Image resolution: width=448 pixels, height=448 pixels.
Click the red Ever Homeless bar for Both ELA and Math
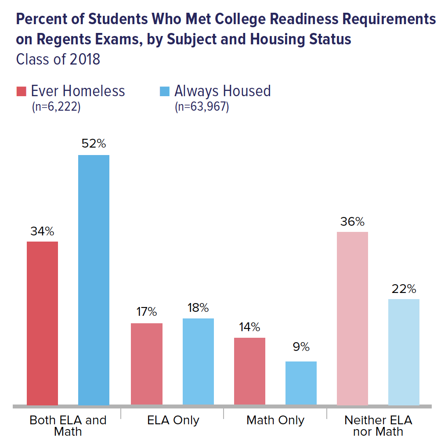tap(43, 323)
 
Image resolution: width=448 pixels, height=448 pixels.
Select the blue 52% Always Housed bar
tap(94, 280)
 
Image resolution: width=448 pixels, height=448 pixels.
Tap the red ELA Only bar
tap(147, 364)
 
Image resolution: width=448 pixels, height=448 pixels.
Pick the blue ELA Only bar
tap(198, 361)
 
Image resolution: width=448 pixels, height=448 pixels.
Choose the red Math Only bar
tap(249, 371)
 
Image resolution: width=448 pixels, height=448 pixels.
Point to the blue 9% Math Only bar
tap(301, 383)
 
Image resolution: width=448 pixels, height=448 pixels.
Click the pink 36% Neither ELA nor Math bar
tap(352, 318)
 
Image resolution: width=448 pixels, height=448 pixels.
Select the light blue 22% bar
tap(404, 352)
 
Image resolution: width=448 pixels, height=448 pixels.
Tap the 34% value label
tap(43, 231)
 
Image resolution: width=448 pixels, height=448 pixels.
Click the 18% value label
tap(198, 307)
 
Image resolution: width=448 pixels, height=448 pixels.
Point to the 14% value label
tap(249, 327)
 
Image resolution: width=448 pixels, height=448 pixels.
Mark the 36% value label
tap(352, 221)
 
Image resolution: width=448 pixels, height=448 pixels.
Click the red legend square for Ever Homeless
tap(22, 91)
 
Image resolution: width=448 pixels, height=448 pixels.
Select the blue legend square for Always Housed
tap(164, 91)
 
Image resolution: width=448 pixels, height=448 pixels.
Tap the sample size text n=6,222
tap(56, 107)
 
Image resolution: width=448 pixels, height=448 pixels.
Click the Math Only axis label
tap(275, 420)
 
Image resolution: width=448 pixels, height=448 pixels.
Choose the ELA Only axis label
tap(173, 420)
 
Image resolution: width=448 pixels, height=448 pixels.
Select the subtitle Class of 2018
tap(58, 59)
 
